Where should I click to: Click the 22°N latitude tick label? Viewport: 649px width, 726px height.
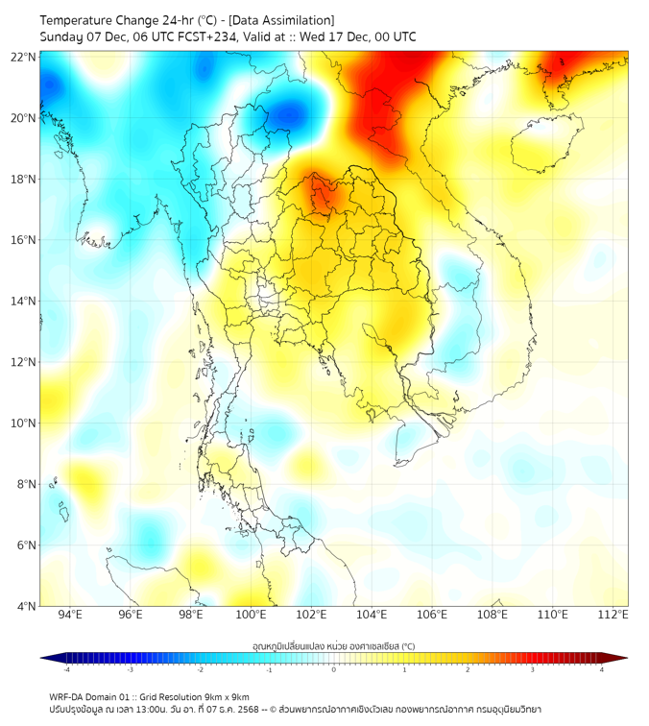(24, 58)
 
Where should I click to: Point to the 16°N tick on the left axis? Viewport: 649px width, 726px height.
(24, 240)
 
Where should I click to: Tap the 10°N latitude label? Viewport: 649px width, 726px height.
(24, 423)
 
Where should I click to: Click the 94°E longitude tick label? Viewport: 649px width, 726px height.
(70, 615)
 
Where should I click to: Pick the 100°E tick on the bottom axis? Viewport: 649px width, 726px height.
(251, 615)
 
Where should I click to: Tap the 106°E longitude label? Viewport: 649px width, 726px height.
(432, 615)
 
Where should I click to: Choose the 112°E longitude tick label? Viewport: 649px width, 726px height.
(613, 615)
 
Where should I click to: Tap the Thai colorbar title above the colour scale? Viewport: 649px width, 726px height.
(333, 646)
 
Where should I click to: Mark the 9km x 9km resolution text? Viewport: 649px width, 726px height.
(223, 697)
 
